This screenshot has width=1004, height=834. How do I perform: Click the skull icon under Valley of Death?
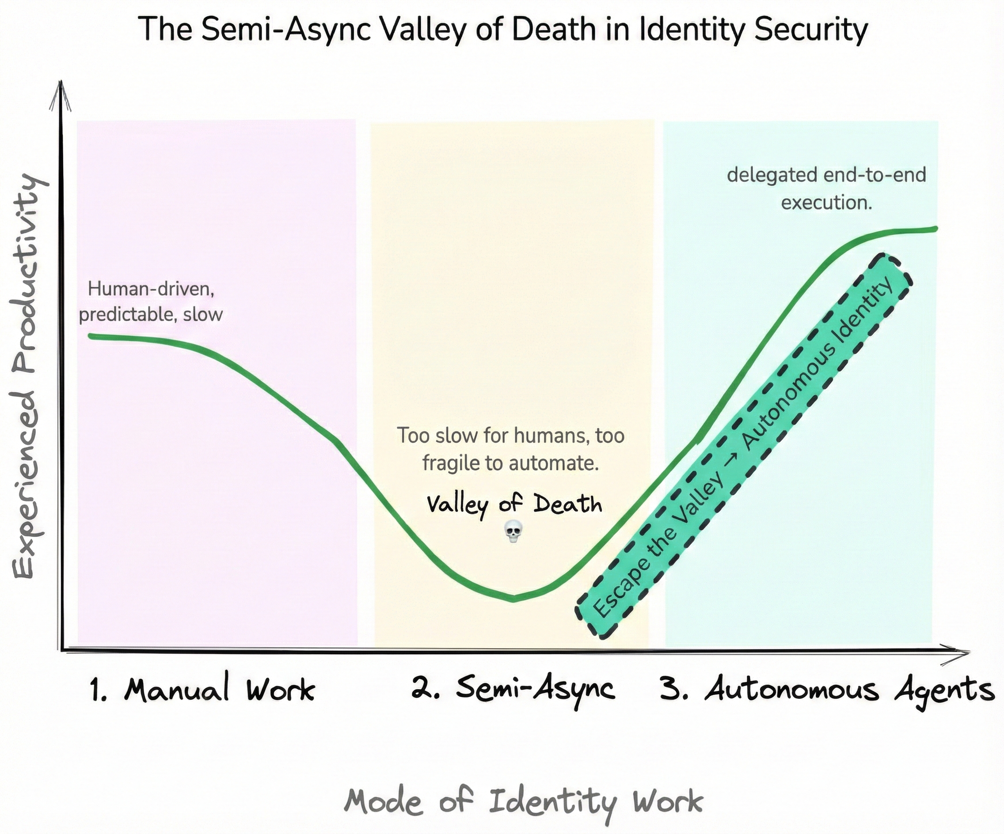(513, 532)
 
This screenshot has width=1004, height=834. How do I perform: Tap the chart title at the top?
(502, 30)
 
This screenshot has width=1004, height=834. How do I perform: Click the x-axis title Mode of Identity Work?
(524, 801)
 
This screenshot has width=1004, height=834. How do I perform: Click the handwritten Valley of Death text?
(514, 504)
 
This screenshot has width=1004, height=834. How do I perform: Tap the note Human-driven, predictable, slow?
(151, 302)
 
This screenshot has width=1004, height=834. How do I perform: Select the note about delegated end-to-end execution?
(826, 188)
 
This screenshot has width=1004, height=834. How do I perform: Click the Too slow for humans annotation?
(510, 449)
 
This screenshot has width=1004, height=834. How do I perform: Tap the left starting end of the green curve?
(90, 336)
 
